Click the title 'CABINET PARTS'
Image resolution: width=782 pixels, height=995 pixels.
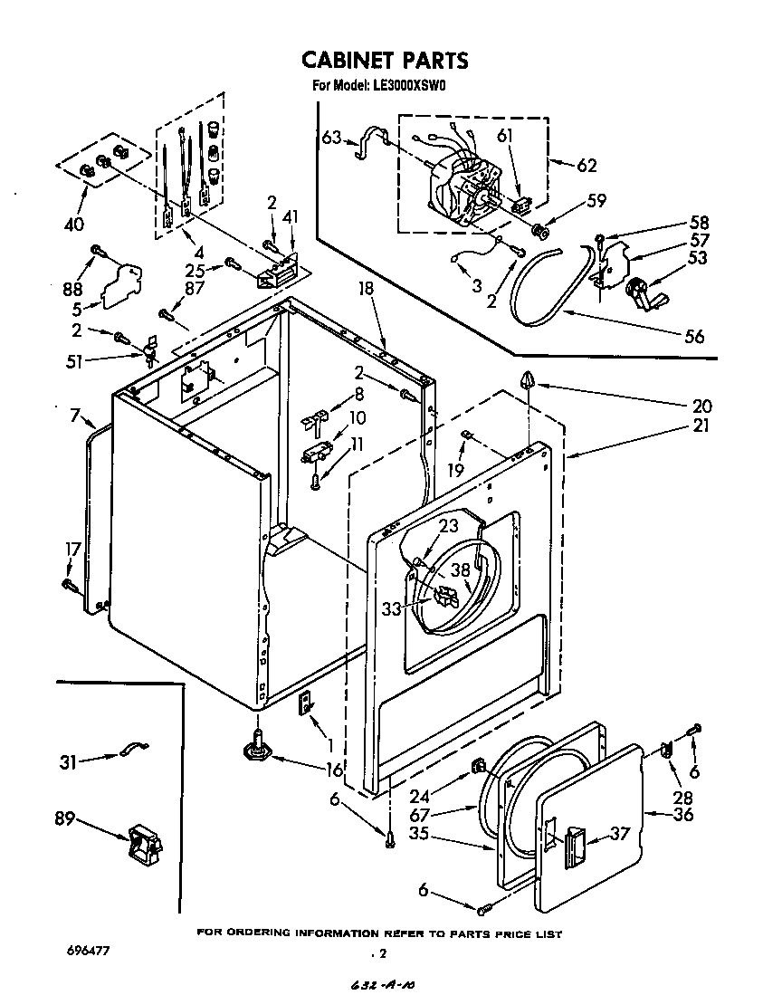tap(385, 61)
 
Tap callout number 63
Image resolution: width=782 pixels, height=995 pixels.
tap(332, 138)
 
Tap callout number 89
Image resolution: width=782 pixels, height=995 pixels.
tap(63, 820)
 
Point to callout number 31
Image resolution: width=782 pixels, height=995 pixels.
tap(67, 762)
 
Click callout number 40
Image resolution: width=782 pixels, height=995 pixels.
tap(72, 224)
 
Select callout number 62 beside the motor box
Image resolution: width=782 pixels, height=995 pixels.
tap(586, 165)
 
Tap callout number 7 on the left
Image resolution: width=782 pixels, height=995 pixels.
tap(76, 416)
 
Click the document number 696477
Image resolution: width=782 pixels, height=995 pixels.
tap(89, 952)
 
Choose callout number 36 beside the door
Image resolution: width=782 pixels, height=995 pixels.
tap(682, 814)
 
